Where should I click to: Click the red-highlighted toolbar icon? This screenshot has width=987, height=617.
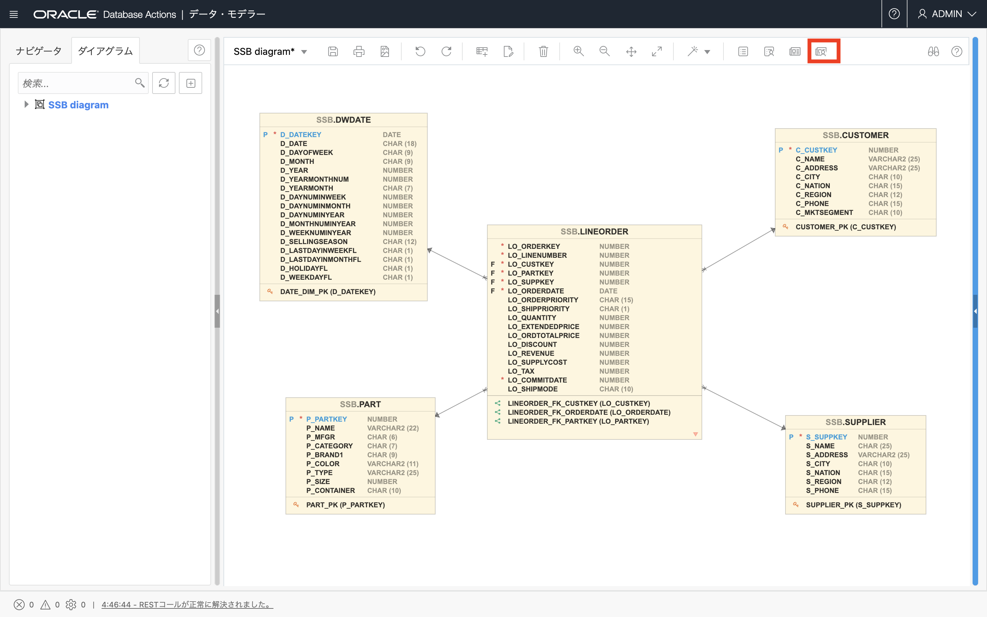tap(821, 51)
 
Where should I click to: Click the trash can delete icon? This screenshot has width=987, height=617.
tap(543, 51)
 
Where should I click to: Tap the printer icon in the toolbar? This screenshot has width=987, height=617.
tap(359, 51)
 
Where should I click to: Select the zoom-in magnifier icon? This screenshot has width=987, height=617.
tap(578, 51)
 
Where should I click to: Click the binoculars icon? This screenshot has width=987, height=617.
tap(933, 51)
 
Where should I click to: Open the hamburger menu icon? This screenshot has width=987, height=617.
tap(14, 14)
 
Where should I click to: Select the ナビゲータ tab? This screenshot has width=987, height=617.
tap(39, 51)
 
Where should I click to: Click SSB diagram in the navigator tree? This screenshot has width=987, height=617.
tap(78, 105)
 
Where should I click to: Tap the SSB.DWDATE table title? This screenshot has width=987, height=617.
tap(343, 120)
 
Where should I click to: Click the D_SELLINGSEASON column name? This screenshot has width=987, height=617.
tap(314, 242)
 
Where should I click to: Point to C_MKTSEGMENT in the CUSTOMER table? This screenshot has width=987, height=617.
tap(824, 213)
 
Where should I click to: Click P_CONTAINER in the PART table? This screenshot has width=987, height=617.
tap(331, 491)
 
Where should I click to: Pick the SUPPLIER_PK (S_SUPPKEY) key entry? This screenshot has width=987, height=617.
tap(854, 505)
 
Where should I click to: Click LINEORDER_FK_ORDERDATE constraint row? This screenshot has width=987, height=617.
tap(589, 412)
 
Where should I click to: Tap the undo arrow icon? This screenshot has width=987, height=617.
tap(420, 51)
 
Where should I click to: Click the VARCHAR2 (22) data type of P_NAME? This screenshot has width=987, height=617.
tap(393, 428)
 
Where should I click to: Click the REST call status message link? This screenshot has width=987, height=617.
tap(187, 604)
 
